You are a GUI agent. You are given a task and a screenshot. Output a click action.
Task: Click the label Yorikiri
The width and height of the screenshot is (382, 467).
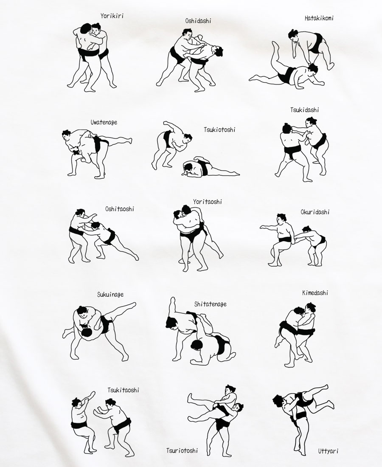pos(112,16)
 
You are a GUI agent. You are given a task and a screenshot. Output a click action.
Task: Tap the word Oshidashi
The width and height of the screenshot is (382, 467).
pos(198,21)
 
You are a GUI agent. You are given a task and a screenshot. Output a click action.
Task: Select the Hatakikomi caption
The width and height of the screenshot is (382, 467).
pos(319,18)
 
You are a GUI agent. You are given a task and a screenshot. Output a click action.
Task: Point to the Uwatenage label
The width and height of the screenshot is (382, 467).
pos(104,122)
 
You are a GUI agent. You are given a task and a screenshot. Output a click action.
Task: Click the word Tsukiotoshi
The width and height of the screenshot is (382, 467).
pos(219,129)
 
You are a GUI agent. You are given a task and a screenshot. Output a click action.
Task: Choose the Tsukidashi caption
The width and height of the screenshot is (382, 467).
pos(305,110)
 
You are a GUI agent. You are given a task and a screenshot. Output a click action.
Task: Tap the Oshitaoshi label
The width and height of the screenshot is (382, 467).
pos(119,209)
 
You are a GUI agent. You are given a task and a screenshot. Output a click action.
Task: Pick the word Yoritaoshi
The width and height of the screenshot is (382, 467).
pos(208,202)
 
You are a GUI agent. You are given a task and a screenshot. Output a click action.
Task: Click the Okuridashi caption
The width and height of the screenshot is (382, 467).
pos(315,212)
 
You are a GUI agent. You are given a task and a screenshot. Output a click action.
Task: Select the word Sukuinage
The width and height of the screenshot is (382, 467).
pos(110,295)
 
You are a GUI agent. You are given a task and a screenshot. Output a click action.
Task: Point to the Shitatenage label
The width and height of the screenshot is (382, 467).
pos(210,304)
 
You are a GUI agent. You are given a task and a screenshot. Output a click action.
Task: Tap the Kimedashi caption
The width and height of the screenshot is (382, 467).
pos(315,293)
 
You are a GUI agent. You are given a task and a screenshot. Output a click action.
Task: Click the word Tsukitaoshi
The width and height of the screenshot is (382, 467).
pos(123,390)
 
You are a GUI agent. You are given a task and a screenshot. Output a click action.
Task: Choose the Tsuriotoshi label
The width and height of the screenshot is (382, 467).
pos(182,450)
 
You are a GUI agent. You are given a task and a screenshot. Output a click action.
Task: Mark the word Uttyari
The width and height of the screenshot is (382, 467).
pos(328,451)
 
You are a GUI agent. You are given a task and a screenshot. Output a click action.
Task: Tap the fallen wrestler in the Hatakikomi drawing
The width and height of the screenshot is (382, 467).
pos(286,71)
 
